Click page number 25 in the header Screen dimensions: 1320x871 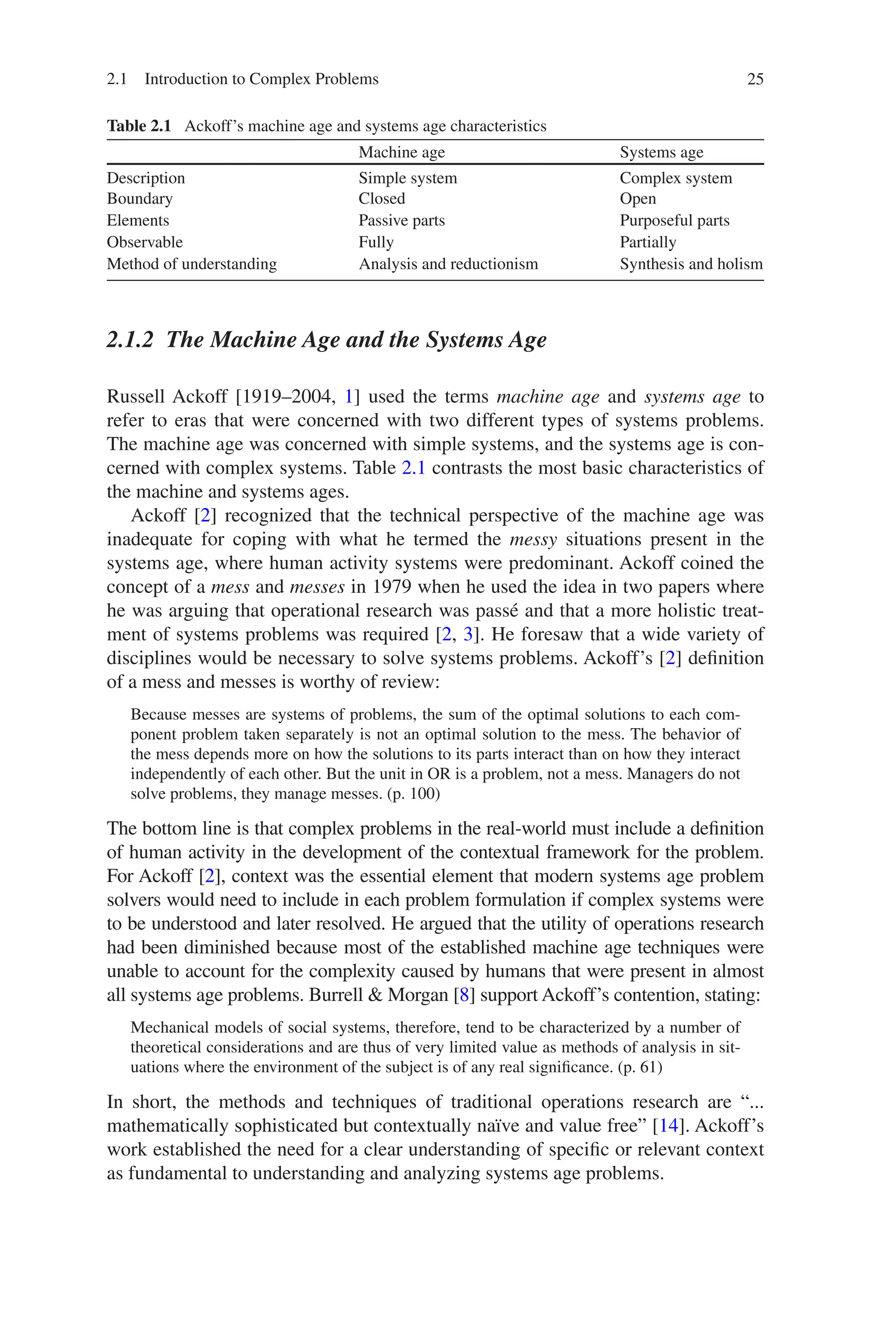click(x=755, y=79)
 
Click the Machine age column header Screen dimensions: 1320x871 click(x=401, y=152)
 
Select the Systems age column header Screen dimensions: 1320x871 click(x=661, y=152)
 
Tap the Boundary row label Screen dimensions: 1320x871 click(x=139, y=199)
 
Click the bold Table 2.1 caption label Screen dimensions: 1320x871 click(x=139, y=126)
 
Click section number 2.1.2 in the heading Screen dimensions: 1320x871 click(x=129, y=340)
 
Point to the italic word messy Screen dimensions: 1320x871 click(x=533, y=539)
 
